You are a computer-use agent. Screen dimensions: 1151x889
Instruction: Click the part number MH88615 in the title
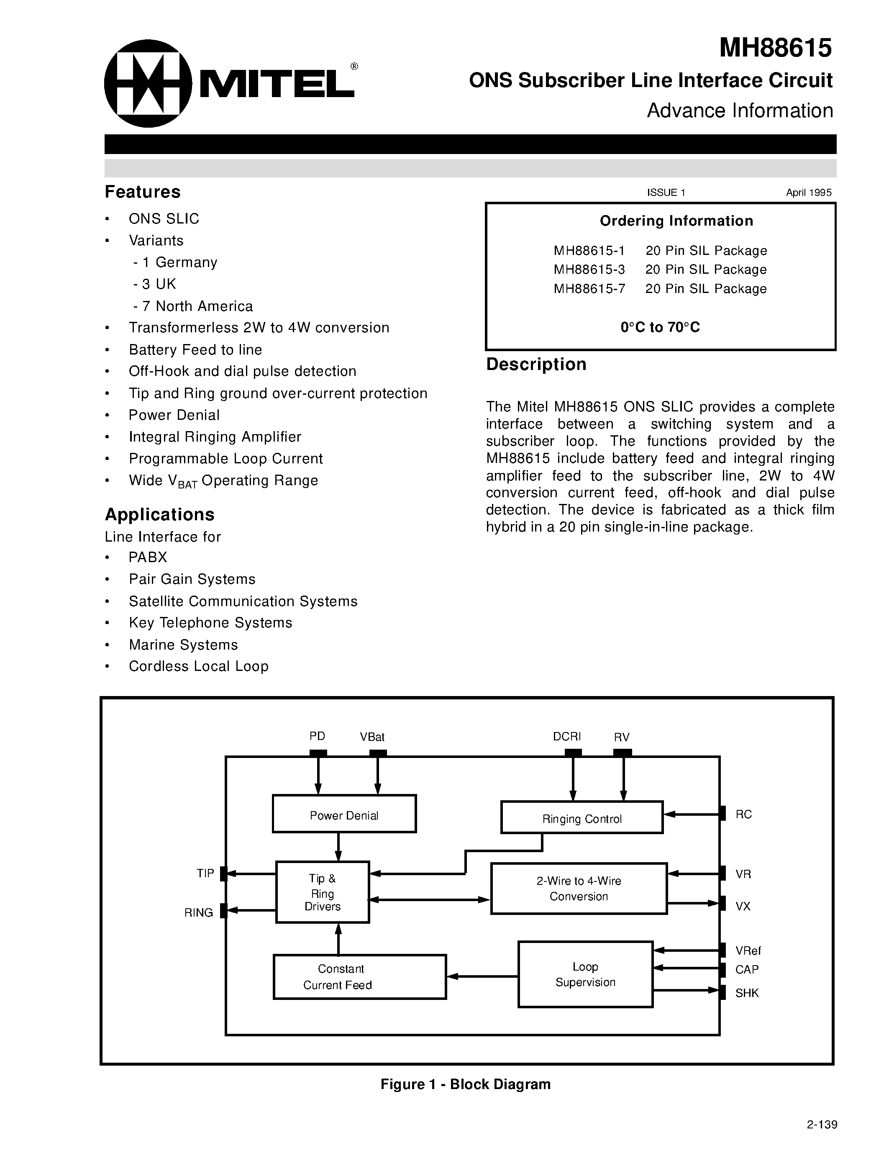[775, 48]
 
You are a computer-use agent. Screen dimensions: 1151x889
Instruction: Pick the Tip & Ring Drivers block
[322, 892]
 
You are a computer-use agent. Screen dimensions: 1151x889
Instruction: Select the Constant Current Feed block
[359, 976]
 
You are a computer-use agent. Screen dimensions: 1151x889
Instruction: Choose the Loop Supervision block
[585, 974]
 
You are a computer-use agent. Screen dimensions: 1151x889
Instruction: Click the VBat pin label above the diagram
[372, 737]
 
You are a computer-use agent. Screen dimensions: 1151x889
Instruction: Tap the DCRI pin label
[567, 736]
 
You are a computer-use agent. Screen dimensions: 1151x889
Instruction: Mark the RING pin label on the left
[199, 913]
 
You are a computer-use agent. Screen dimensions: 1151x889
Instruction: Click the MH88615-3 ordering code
[589, 269]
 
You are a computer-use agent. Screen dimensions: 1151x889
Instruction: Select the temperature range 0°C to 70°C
[660, 327]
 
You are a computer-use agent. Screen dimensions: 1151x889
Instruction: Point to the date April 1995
[808, 193]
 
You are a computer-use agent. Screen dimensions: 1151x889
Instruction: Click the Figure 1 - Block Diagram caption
[466, 1084]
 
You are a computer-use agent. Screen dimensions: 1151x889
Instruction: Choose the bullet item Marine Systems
[183, 645]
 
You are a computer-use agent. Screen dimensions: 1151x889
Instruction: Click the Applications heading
[159, 514]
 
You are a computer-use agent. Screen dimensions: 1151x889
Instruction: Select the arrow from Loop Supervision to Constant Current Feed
[482, 976]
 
